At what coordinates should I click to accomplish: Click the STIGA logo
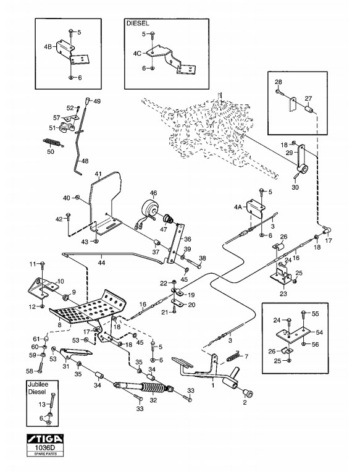tap(45, 438)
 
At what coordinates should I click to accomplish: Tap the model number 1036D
tap(45, 447)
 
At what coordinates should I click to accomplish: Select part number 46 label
tap(153, 193)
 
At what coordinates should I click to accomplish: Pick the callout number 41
tap(98, 174)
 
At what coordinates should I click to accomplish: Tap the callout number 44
tap(102, 263)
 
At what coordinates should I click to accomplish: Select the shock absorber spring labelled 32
tap(153, 389)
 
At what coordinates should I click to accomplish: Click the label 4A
tap(238, 207)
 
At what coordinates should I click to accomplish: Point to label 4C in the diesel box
tap(137, 54)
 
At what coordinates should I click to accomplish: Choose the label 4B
tap(48, 47)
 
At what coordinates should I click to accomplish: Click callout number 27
tap(308, 98)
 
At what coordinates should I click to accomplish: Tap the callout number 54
tap(319, 332)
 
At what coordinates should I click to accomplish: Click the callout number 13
tap(42, 404)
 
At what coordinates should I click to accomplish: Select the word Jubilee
tap(38, 384)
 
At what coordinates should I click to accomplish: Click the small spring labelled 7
tap(235, 356)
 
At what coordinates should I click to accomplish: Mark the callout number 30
tap(295, 187)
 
